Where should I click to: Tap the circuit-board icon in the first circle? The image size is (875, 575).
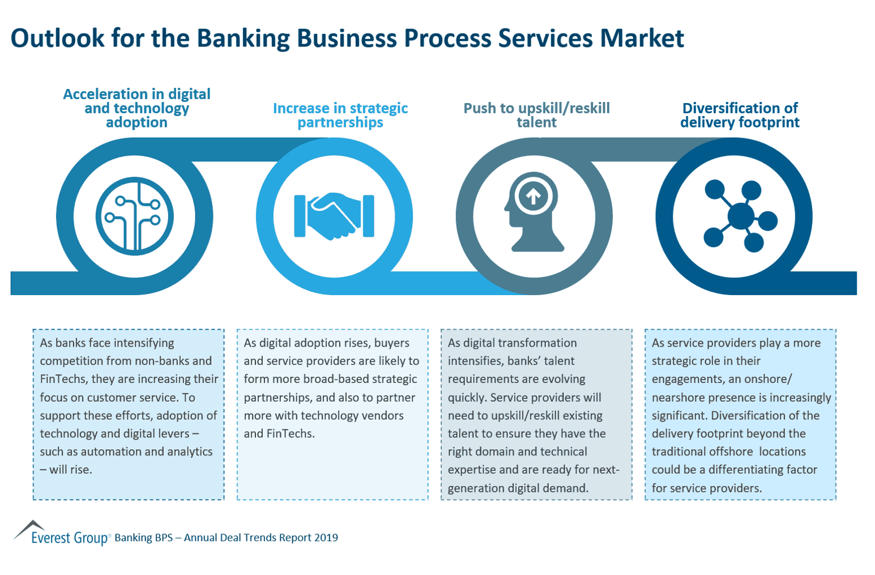[x=135, y=216]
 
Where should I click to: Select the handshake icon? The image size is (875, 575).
[x=334, y=216]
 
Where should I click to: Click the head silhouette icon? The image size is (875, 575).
[x=535, y=212]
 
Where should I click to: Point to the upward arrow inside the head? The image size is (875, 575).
[x=533, y=197]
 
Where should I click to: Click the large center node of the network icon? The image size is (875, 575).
[x=741, y=216]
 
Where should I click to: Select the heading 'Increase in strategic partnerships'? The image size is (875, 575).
[x=340, y=115]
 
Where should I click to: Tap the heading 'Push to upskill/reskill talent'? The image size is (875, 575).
[x=536, y=115]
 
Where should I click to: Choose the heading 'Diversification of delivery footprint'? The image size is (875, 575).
[x=740, y=115]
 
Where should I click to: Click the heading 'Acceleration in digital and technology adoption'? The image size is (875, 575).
[x=136, y=108]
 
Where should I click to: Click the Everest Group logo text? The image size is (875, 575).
[x=69, y=538]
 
